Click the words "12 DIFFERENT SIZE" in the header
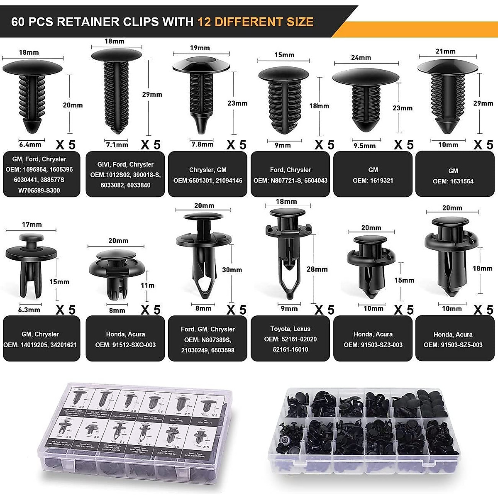click(255, 22)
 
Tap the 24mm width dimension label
click(361, 58)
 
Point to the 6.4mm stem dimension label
click(30, 145)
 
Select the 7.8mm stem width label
click(202, 144)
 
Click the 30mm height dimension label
click(232, 270)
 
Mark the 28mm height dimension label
click(317, 269)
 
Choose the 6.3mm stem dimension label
click(29, 310)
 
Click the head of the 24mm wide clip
click(365, 77)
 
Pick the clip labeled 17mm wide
click(31, 266)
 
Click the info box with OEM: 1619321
click(373, 175)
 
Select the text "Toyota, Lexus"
click(290, 329)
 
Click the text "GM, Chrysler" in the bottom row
click(40, 334)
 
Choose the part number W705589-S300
click(39, 190)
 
